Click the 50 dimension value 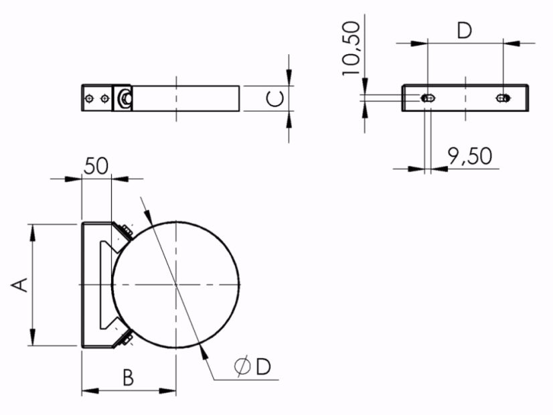96,166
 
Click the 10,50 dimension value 351,48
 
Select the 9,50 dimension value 470,156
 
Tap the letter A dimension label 19,285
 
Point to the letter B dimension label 128,378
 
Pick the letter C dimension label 274,98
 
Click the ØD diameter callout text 252,366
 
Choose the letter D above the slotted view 465,31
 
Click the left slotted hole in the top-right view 428,98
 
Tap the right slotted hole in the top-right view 503,98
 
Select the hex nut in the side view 125,98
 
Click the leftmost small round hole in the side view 90,98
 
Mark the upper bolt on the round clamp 127,231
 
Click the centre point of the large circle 176,284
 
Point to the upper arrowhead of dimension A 33,233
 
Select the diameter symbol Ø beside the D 242,366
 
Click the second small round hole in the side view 104,98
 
